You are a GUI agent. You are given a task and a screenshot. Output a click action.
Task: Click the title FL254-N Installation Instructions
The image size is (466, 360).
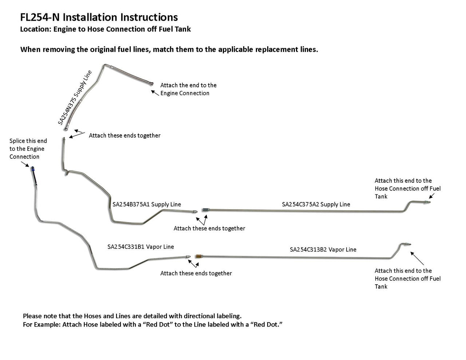[x=99, y=17]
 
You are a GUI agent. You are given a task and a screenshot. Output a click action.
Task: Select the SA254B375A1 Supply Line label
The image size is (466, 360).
[x=147, y=204]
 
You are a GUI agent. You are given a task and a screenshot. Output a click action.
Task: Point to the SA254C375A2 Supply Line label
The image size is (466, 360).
[x=316, y=204]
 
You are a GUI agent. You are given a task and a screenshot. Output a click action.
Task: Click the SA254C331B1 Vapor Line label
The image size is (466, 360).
[x=141, y=246]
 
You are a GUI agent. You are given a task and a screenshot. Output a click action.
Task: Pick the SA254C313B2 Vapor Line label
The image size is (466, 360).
[x=323, y=249]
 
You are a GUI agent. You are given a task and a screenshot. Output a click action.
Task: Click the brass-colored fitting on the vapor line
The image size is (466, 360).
[x=198, y=256]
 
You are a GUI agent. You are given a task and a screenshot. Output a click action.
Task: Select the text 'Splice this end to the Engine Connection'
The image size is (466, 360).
[x=28, y=149]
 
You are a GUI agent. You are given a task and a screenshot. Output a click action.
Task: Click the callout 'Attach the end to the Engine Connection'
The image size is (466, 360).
[x=188, y=89]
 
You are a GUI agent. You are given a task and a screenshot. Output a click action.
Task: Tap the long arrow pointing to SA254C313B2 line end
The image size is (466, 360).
[x=417, y=257]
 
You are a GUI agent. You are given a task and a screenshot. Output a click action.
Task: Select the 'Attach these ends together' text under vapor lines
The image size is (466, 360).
[x=196, y=273]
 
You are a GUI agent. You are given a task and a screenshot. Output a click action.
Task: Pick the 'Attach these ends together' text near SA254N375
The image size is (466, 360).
[x=125, y=135]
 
